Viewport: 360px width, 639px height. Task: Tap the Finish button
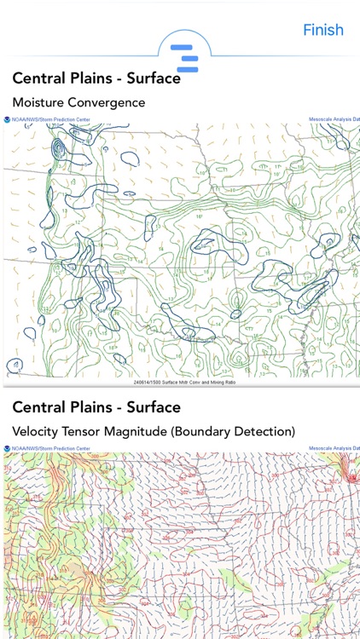tap(323, 30)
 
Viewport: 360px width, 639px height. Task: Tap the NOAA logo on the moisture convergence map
tap(7, 120)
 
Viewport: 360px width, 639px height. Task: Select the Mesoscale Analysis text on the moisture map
tap(333, 120)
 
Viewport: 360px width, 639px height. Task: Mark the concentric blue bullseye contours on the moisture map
tap(58, 152)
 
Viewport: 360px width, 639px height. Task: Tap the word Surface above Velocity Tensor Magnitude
tap(153, 407)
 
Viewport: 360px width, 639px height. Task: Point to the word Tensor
tap(90, 432)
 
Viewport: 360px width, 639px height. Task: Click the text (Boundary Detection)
tap(242, 432)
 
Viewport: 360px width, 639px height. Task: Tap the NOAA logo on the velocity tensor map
tap(7, 447)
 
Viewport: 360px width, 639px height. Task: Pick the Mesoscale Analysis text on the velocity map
tap(333, 447)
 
